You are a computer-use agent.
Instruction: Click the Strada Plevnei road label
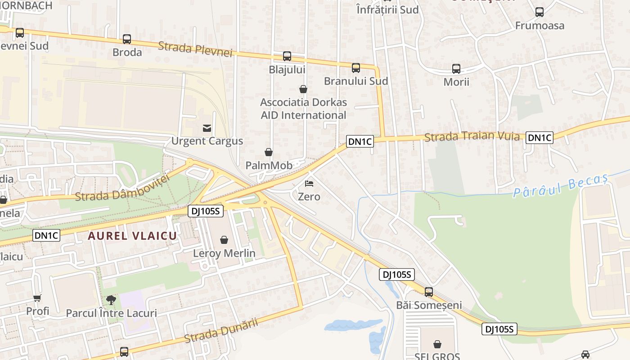(195, 49)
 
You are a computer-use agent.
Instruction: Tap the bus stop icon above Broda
(127, 39)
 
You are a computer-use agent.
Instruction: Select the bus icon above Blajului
(287, 56)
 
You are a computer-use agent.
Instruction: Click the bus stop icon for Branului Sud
(356, 68)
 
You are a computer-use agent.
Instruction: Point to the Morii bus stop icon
(456, 69)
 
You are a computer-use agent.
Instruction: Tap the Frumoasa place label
(540, 26)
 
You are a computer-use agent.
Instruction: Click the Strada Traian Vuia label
(472, 136)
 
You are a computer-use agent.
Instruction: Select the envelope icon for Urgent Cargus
(207, 128)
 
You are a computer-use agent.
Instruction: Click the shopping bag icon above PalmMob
(269, 153)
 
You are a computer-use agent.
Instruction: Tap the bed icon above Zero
(309, 184)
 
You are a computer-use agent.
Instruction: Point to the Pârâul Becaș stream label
(561, 185)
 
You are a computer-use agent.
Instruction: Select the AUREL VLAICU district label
(132, 236)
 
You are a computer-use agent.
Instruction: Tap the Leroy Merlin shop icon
(224, 240)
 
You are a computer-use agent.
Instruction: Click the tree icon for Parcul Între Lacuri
(111, 300)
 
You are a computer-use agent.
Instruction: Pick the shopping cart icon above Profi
(37, 298)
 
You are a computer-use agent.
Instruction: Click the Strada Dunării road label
(221, 331)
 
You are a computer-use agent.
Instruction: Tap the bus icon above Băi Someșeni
(429, 292)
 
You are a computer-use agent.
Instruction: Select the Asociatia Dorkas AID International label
(303, 108)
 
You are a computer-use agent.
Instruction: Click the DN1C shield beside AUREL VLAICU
(46, 235)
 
